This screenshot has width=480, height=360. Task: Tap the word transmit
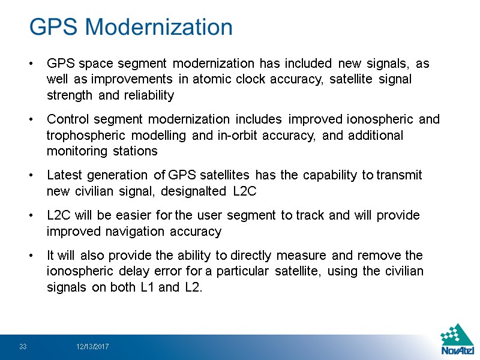click(x=400, y=175)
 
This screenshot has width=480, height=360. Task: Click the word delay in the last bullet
click(x=128, y=271)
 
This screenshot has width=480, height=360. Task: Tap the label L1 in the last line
click(x=148, y=287)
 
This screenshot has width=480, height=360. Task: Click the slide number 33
click(x=23, y=347)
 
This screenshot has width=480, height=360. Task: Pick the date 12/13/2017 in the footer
click(x=92, y=347)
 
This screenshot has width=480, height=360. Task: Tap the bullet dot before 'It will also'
click(x=31, y=256)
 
